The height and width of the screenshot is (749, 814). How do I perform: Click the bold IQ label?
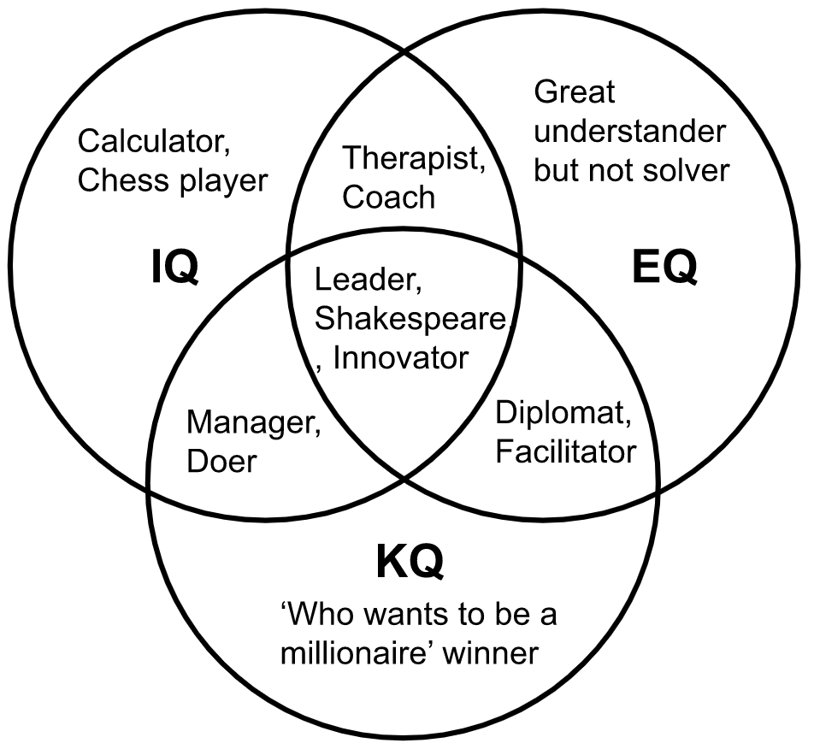click(x=174, y=268)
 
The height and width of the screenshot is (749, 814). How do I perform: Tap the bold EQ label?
click(x=664, y=268)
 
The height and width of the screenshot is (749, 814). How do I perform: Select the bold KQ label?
click(x=410, y=563)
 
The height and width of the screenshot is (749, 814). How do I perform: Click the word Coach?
click(x=389, y=197)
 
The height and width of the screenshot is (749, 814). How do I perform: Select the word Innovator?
click(x=400, y=357)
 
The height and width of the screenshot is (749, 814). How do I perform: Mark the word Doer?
click(x=221, y=463)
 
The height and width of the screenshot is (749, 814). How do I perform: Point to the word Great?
click(x=574, y=91)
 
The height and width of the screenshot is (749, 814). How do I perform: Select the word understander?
click(x=629, y=132)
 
